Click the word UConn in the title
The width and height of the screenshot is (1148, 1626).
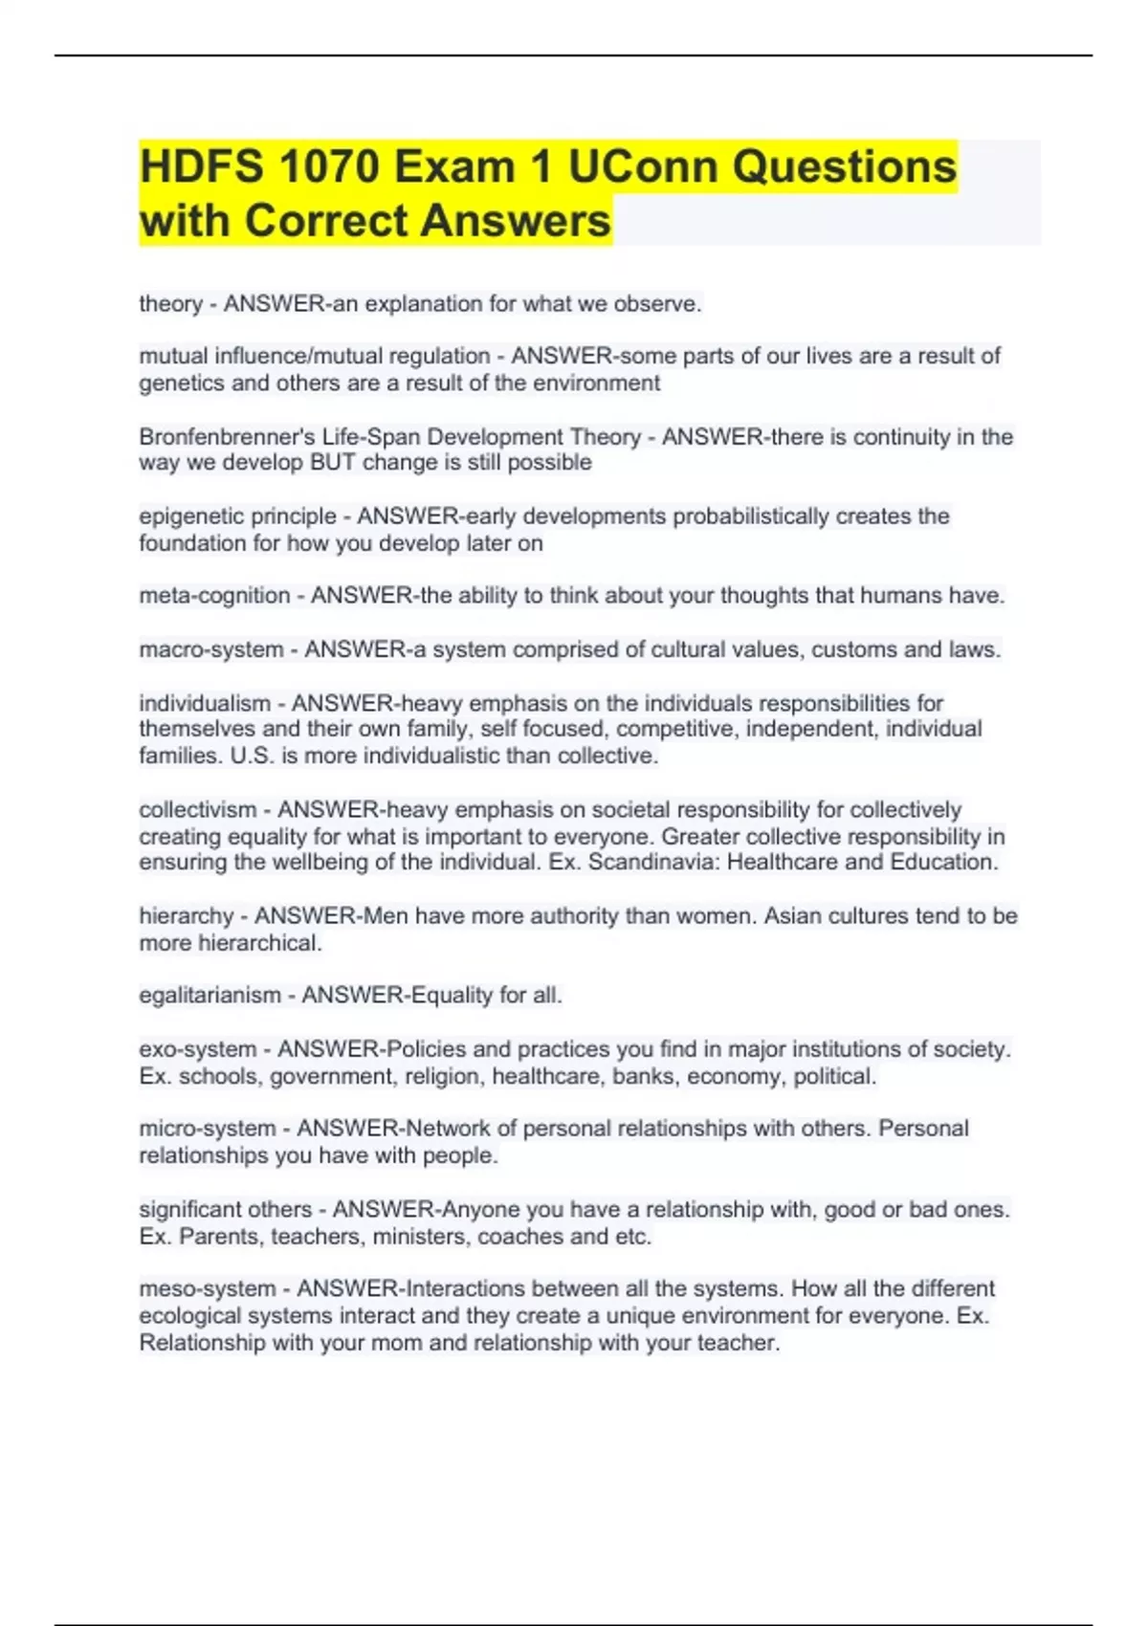pyautogui.click(x=643, y=167)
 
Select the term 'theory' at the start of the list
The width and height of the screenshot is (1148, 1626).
pyautogui.click(x=170, y=304)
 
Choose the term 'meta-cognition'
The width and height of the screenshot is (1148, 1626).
pyautogui.click(x=214, y=596)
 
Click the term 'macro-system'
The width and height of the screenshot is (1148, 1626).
pyautogui.click(x=211, y=649)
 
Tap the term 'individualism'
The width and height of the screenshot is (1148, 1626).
pyautogui.click(x=205, y=704)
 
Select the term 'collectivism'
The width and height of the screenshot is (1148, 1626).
pyautogui.click(x=198, y=810)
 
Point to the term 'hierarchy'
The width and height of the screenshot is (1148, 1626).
pyautogui.click(x=186, y=916)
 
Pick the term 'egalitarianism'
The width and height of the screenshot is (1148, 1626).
pyautogui.click(x=210, y=996)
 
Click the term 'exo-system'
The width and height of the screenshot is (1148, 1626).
pyautogui.click(x=198, y=1049)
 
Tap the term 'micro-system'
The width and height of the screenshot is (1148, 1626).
pyautogui.click(x=208, y=1129)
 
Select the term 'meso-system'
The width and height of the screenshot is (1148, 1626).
pyautogui.click(x=208, y=1289)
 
